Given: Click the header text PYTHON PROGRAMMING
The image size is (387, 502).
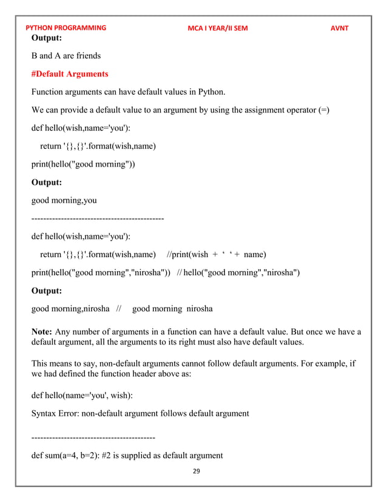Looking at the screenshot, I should click(x=66, y=28).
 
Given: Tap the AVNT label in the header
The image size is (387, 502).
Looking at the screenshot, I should click(x=339, y=28).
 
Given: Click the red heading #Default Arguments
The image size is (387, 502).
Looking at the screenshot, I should click(x=70, y=74).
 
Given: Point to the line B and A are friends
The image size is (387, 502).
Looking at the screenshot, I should click(x=66, y=56).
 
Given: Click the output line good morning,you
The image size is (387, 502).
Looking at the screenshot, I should click(x=64, y=200).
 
